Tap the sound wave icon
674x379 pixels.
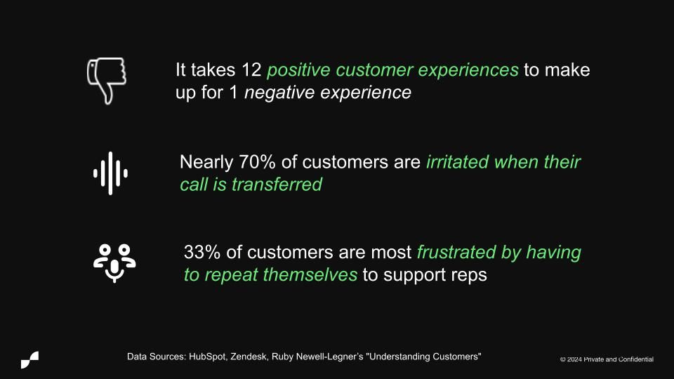(110, 173)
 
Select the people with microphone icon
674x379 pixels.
(114, 263)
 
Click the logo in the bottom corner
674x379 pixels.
(29, 359)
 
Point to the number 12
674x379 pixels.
(251, 70)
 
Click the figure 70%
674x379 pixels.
(257, 162)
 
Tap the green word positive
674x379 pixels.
(298, 70)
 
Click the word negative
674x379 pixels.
(279, 93)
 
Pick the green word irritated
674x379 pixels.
(457, 162)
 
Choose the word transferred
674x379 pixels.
(277, 185)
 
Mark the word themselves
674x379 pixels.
(310, 275)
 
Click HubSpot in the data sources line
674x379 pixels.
(208, 357)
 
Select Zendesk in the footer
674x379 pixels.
(249, 357)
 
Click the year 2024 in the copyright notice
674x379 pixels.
(574, 359)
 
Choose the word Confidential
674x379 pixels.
(636, 359)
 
